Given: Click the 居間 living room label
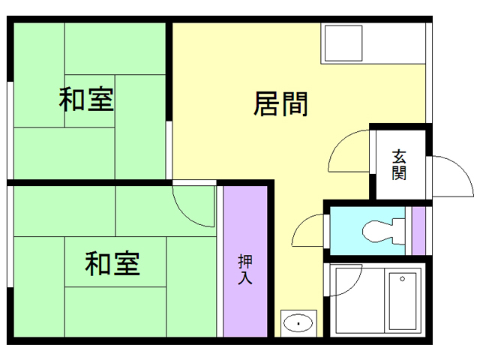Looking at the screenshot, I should tap(281, 104).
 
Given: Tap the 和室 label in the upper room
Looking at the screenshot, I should tap(87, 99).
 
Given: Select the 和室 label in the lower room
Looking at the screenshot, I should tap(112, 263).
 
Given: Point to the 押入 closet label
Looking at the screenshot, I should tap(245, 270).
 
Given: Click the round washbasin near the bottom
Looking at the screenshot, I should tap(299, 324).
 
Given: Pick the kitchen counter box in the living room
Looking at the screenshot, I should tap(342, 43).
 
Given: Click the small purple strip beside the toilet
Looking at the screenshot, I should tap(418, 230).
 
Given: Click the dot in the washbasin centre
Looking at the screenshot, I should tap(299, 324).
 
